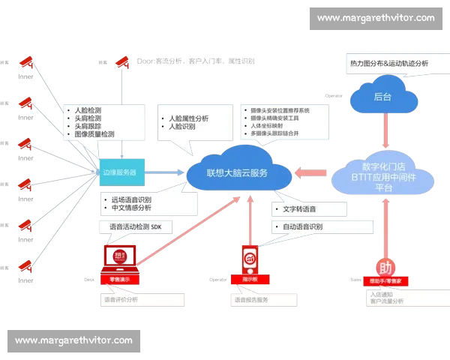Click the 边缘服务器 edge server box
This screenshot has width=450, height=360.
coord(120,172)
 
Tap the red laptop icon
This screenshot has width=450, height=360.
coord(119,257)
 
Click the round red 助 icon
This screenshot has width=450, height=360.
coord(385,268)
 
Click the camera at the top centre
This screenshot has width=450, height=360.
coord(122,60)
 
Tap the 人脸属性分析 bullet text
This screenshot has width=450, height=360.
coord(190,118)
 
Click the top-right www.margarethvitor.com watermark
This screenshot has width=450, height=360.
coord(376,17)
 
